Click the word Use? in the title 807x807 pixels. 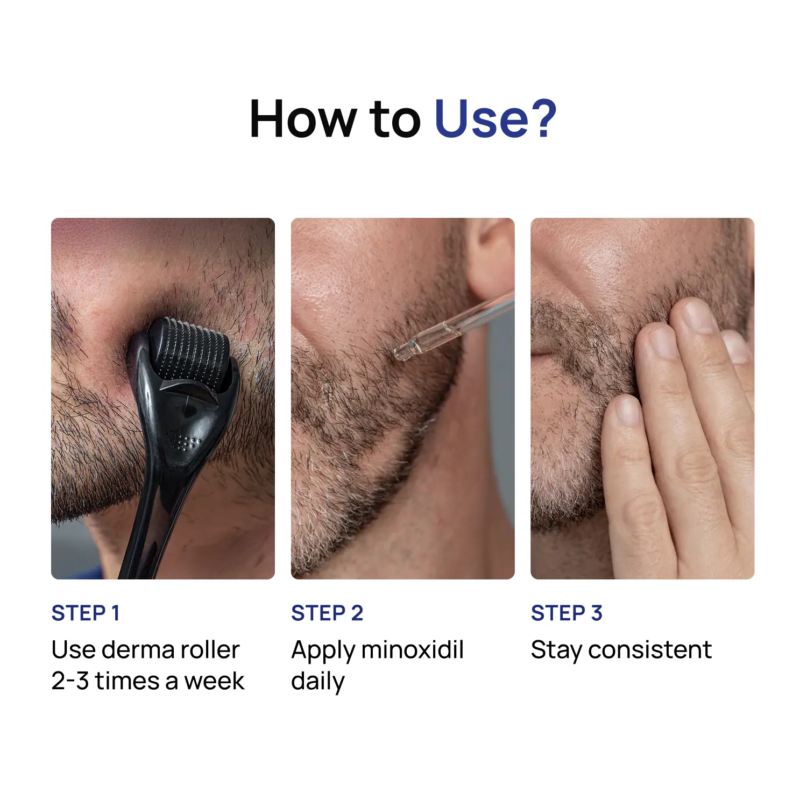[x=495, y=119]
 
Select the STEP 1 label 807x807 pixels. [x=86, y=613]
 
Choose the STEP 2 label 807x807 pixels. [x=327, y=613]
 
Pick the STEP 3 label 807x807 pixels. [x=567, y=613]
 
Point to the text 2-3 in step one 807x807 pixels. [x=70, y=681]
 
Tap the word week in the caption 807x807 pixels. [x=215, y=681]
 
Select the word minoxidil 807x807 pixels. [x=412, y=649]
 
